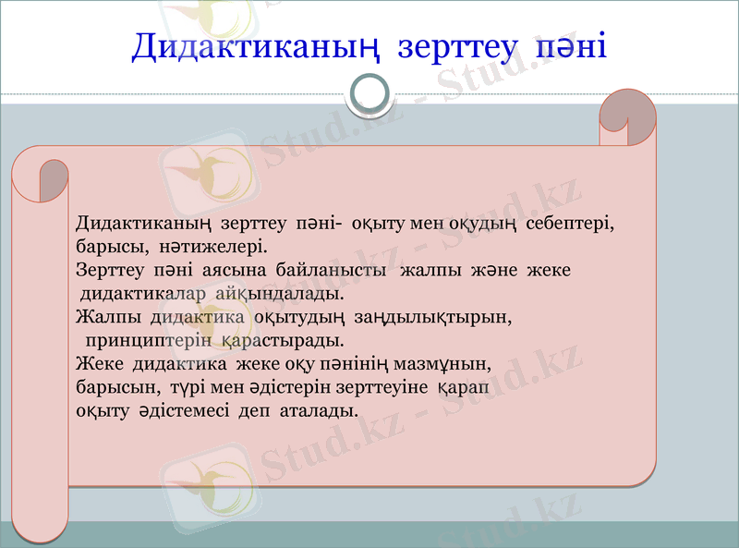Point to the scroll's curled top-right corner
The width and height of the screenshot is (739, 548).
627,116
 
